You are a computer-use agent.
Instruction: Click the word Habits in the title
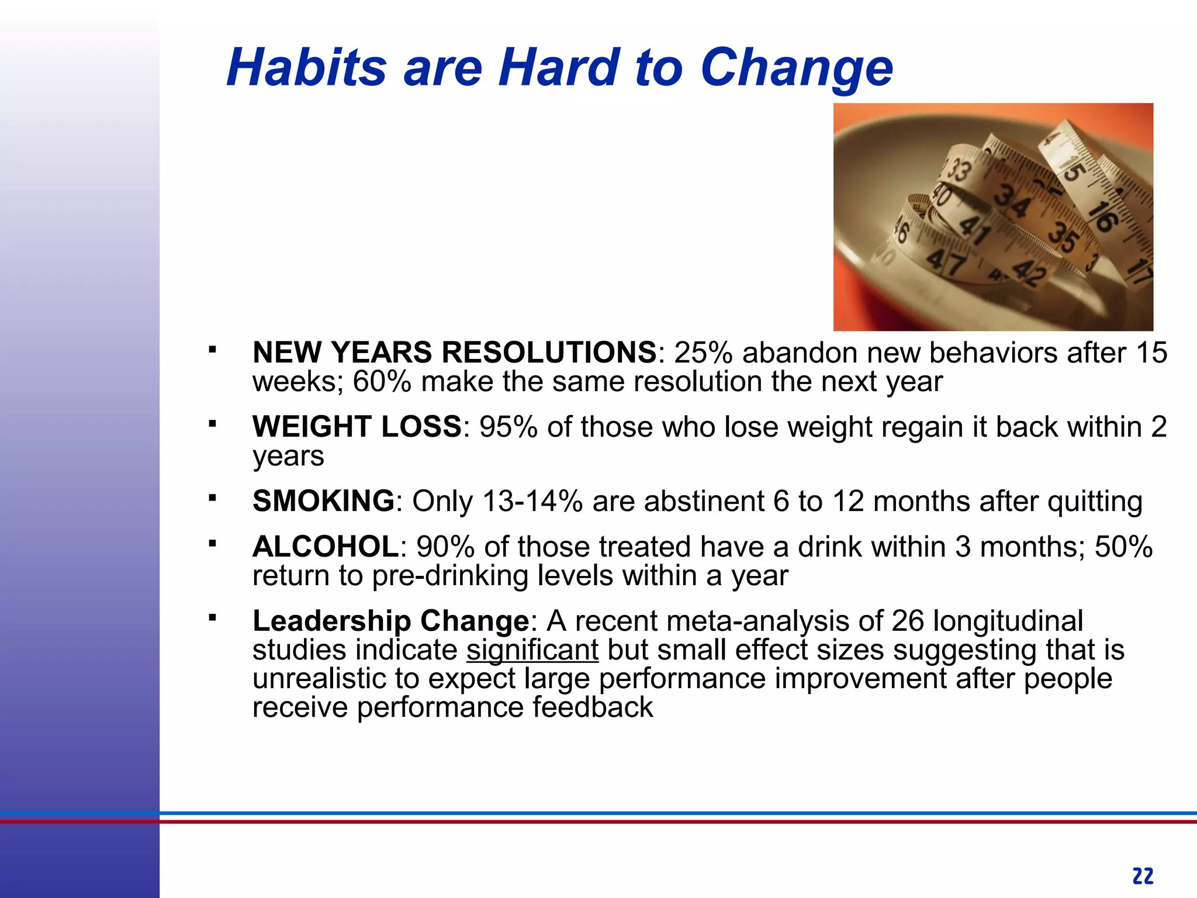(x=306, y=68)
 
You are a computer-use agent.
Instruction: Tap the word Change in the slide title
(x=796, y=69)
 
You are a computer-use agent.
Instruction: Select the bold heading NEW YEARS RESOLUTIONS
(x=455, y=353)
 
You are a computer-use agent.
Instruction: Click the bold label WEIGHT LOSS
(x=357, y=426)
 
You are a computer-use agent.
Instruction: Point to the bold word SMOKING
(x=323, y=501)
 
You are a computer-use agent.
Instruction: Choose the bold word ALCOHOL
(x=326, y=547)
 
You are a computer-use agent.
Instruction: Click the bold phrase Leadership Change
(x=390, y=621)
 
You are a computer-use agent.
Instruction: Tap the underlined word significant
(x=532, y=650)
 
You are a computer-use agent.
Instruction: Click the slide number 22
(x=1143, y=876)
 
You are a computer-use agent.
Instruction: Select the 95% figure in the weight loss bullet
(x=508, y=427)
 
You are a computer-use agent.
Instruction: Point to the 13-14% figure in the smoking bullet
(x=532, y=502)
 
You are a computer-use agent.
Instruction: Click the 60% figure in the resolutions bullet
(x=382, y=382)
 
